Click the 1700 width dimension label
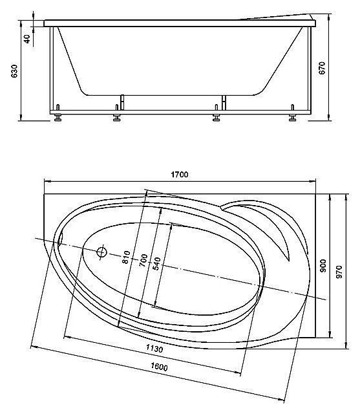[x=180, y=175]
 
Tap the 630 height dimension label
[x=14, y=71]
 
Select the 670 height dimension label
[x=322, y=68]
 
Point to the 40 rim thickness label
[x=27, y=39]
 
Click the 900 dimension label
[x=323, y=266]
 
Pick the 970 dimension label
[x=339, y=272]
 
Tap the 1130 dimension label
[x=154, y=349]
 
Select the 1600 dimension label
[x=159, y=367]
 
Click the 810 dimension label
[x=126, y=257]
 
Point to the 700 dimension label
[x=143, y=260]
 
